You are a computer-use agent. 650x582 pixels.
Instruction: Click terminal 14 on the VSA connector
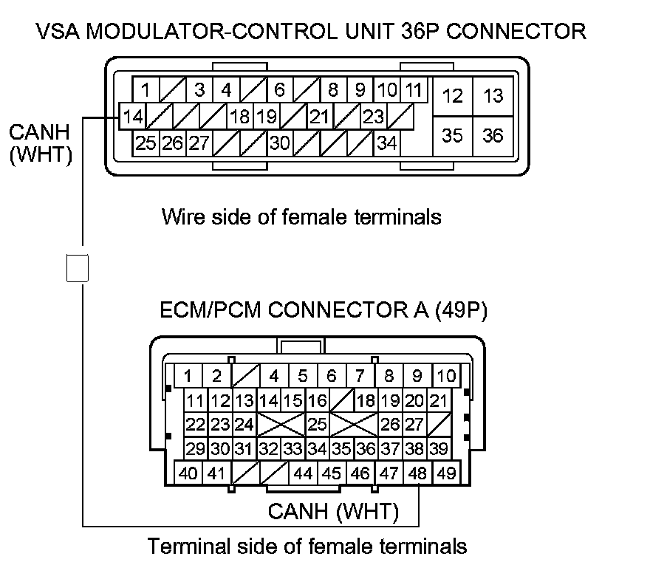click(133, 117)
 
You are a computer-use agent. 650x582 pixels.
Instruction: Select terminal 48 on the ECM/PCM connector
click(418, 473)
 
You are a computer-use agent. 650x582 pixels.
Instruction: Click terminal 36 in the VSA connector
click(493, 135)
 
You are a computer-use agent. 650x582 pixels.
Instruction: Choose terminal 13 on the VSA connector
click(493, 95)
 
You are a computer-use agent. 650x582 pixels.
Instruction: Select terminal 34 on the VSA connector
click(386, 143)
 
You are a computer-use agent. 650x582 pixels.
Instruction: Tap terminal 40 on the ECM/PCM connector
click(188, 473)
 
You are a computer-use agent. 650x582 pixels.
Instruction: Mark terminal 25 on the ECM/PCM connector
click(317, 425)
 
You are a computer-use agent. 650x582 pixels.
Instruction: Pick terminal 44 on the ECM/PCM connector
click(304, 473)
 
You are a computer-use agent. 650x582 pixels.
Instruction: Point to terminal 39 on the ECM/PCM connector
click(438, 448)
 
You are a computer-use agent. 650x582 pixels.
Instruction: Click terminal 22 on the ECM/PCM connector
click(195, 425)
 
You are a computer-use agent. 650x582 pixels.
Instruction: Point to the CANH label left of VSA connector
click(38, 132)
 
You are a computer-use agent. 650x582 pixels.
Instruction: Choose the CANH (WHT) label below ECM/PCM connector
click(333, 511)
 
